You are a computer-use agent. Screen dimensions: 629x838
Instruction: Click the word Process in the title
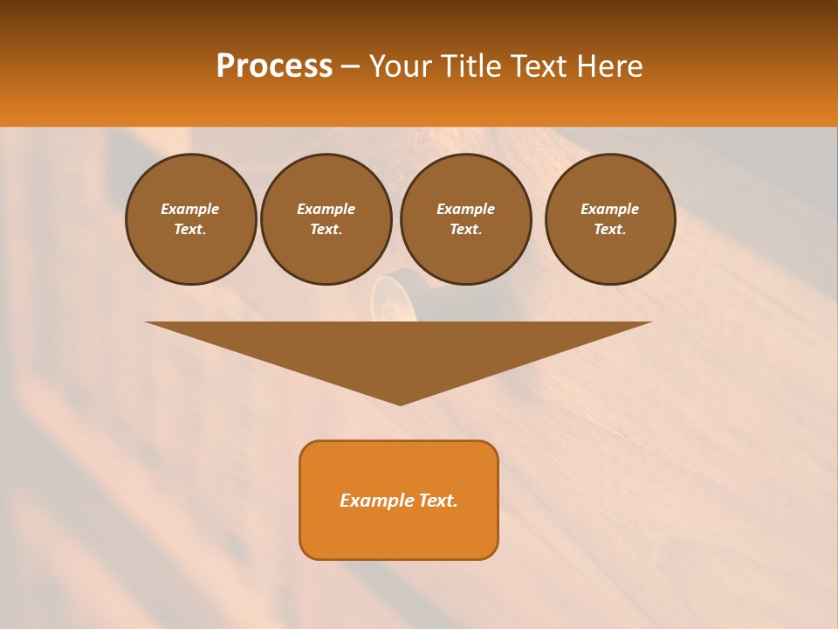point(274,66)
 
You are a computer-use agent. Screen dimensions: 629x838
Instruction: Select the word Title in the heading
point(472,66)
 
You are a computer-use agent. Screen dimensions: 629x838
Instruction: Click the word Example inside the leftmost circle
point(190,209)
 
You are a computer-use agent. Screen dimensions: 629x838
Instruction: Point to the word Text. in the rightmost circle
point(610,229)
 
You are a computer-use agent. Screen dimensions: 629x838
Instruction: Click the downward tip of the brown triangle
point(400,402)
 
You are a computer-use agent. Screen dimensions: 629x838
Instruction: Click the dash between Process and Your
point(350,67)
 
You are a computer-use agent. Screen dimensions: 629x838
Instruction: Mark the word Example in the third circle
point(465,209)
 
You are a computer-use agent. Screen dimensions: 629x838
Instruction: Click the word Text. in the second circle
point(326,229)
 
